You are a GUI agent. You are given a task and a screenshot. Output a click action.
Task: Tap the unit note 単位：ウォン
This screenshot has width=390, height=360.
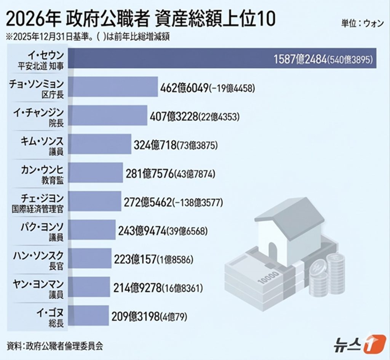[362, 22]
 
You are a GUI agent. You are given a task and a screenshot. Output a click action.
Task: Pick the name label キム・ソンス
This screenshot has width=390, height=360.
[42, 140]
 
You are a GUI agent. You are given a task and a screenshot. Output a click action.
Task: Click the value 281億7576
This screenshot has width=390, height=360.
[150, 174]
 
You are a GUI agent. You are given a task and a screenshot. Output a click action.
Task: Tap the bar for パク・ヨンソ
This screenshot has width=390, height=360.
[93, 229]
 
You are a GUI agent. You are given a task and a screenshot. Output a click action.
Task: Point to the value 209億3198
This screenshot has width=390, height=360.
[135, 316]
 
